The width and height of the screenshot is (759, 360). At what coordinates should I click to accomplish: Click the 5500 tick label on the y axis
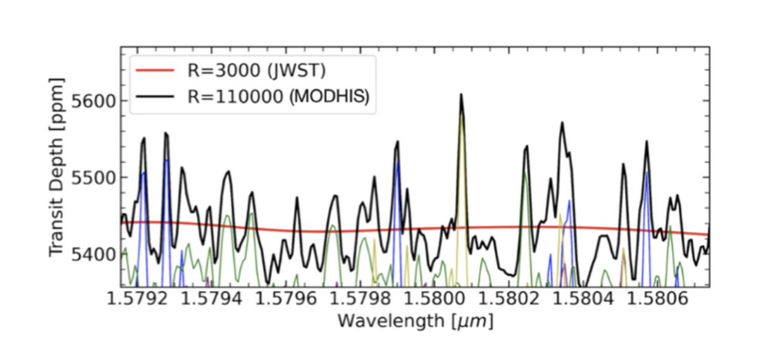(91, 178)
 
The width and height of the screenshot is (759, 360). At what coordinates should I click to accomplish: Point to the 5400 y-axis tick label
(91, 254)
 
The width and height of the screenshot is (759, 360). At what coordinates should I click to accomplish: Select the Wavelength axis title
(415, 321)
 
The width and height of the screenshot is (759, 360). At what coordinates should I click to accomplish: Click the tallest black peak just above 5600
(461, 94)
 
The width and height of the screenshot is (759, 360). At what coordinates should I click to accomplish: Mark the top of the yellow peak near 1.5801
(462, 114)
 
